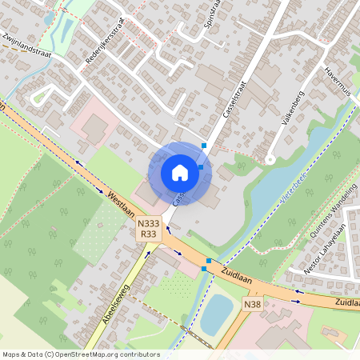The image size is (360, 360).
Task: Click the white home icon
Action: [180, 173]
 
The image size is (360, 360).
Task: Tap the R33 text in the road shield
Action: [148, 234]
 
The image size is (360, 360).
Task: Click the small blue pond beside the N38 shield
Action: [214, 314]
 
